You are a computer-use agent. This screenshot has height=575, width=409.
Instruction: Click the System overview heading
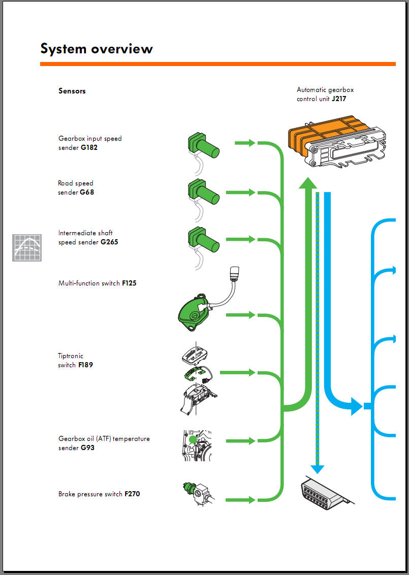pos(97,49)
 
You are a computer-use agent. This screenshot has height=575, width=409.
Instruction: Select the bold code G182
pos(89,148)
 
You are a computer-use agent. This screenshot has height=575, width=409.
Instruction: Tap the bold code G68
pos(87,193)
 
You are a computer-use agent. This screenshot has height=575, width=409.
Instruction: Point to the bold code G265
pos(109,242)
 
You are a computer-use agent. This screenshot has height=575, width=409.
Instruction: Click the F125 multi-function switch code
pos(129,283)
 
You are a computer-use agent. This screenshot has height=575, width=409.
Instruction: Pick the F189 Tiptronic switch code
pos(85,365)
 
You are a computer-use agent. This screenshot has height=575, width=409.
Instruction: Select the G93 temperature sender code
pos(87,448)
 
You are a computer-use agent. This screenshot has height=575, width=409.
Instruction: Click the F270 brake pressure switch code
pos(132,494)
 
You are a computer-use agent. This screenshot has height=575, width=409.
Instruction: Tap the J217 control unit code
pos(339,99)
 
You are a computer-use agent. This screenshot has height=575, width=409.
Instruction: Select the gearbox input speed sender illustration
pos(203,146)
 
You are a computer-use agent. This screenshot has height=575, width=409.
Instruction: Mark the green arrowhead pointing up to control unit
pos(306,183)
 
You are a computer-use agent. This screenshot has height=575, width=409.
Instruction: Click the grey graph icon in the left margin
pos(27,248)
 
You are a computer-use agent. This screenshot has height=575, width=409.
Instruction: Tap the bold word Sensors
pos(72,91)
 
